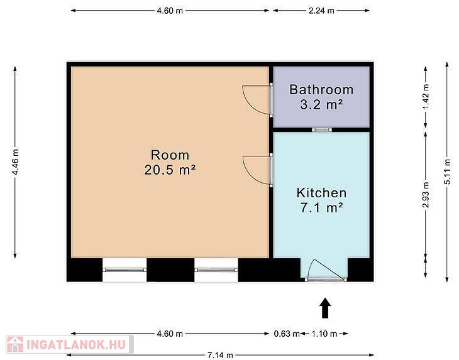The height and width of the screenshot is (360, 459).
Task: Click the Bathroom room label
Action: pyautogui.click(x=321, y=89)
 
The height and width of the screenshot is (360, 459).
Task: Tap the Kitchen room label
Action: pyautogui.click(x=321, y=193)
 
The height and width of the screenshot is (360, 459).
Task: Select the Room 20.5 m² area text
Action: pyautogui.click(x=170, y=163)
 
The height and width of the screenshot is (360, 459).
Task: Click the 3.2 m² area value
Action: pyautogui.click(x=321, y=104)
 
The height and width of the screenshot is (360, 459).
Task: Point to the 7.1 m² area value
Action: pyautogui.click(x=321, y=207)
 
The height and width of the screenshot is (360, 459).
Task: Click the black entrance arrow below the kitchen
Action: pyautogui.click(x=325, y=308)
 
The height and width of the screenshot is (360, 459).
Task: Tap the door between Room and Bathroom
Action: pyautogui.click(x=258, y=100)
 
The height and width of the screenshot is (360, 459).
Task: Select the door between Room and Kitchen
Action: pyautogui.click(x=258, y=170)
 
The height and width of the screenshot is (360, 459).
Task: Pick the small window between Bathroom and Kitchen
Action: pyautogui.click(x=322, y=129)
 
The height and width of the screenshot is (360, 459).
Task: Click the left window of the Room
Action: pyautogui.click(x=124, y=270)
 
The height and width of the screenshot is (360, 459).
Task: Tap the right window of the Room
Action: pyautogui.click(x=216, y=270)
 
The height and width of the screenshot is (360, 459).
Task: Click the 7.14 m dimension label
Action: pyautogui.click(x=220, y=356)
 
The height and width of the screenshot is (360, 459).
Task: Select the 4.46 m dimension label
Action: pyautogui.click(x=15, y=162)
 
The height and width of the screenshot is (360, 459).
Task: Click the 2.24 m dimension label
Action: pyautogui.click(x=321, y=11)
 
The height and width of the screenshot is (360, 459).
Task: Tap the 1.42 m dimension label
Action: pyautogui.click(x=426, y=97)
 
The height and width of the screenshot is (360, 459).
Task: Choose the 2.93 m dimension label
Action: pyautogui.click(x=426, y=195)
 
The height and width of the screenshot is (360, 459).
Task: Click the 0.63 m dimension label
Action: pyautogui.click(x=287, y=334)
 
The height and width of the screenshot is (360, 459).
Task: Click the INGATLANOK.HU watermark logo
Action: pyautogui.click(x=70, y=344)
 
